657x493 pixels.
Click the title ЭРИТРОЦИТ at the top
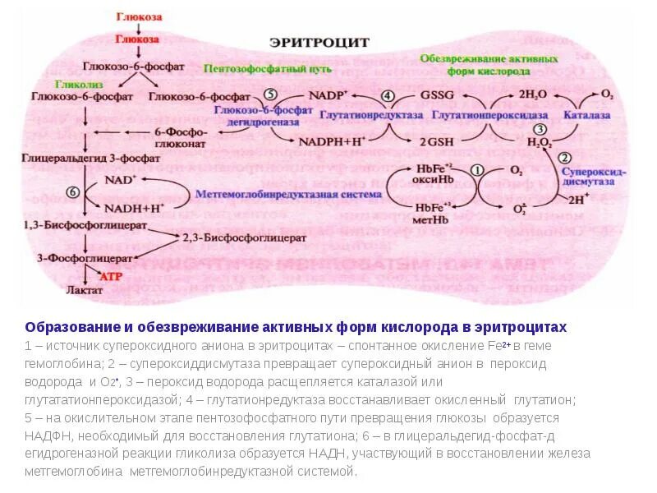[x=320, y=42]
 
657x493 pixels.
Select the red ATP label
[x=111, y=277]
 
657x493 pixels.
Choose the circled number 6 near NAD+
[x=72, y=191]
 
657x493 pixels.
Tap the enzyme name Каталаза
[x=586, y=116]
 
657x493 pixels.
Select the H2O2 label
[x=539, y=142]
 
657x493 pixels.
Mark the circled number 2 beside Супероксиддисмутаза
[x=564, y=158]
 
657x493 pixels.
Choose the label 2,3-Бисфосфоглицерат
[x=245, y=237]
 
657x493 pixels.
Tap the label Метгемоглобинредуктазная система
[x=288, y=195]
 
